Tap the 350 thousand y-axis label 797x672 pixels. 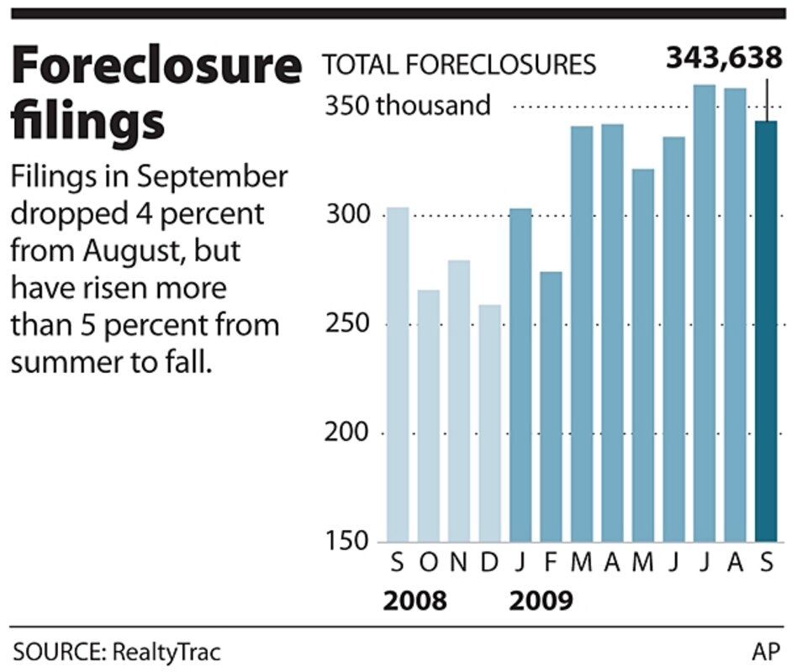pyautogui.click(x=407, y=107)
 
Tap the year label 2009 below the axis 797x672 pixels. pyautogui.click(x=541, y=601)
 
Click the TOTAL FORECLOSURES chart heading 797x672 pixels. pyautogui.click(x=460, y=64)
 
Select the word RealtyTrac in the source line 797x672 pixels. pyautogui.click(x=173, y=650)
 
